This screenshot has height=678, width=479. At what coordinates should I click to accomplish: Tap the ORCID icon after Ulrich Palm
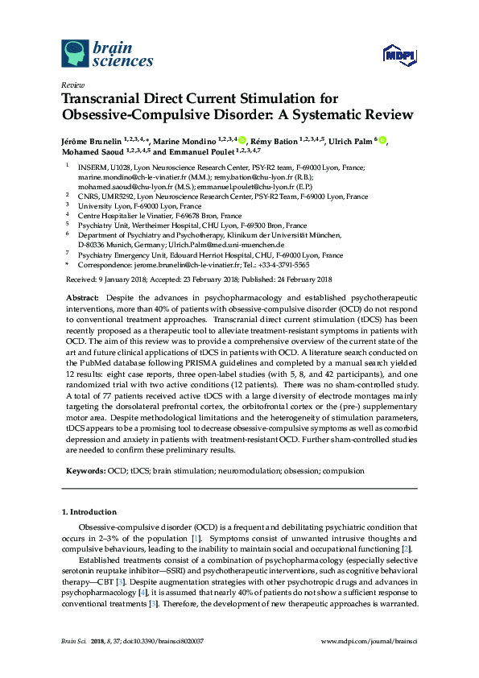382,141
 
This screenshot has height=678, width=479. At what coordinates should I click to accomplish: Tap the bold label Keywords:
86,470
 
